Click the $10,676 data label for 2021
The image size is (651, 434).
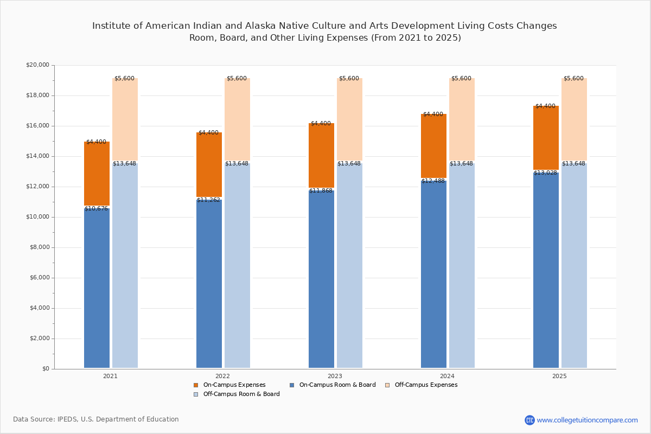96,208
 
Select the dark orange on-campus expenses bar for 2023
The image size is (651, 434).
321,155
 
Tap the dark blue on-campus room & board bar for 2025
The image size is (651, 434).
546,270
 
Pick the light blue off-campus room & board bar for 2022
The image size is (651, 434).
237,265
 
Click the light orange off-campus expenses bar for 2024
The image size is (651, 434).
462,119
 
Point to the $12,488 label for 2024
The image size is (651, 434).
433,181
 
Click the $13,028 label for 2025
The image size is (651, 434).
546,173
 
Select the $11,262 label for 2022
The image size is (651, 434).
208,200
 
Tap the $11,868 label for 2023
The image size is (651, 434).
321,191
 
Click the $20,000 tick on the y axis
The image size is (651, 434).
38,65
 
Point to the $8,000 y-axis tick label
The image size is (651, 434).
40,247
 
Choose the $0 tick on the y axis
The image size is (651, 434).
46,368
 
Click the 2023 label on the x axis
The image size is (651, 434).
335,376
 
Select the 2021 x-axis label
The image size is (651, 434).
110,376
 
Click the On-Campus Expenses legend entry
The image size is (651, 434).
229,385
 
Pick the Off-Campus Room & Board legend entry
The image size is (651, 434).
237,394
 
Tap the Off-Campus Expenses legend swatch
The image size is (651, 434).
387,385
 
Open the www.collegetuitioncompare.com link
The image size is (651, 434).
587,420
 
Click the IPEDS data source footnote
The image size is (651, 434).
96,419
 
